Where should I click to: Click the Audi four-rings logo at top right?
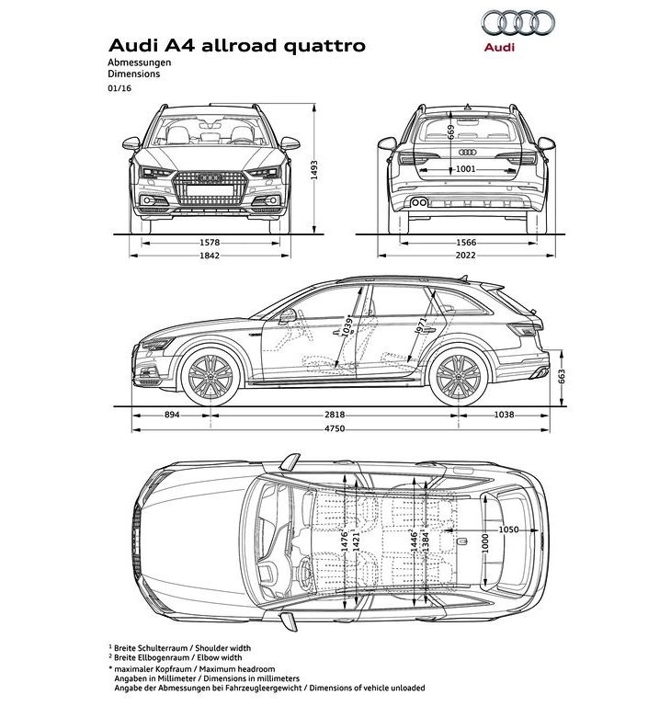pyautogui.click(x=517, y=22)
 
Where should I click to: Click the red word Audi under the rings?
pyautogui.click(x=499, y=47)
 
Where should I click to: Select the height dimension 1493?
pyautogui.click(x=314, y=170)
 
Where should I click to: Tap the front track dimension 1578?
pyautogui.click(x=210, y=243)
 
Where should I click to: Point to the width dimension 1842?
pyautogui.click(x=210, y=256)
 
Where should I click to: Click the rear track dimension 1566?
pyautogui.click(x=466, y=243)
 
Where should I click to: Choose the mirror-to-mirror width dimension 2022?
pyautogui.click(x=466, y=256)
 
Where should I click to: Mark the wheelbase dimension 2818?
pyautogui.click(x=335, y=415)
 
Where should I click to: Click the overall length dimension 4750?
pyautogui.click(x=335, y=428)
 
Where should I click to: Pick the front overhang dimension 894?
pyautogui.click(x=172, y=415)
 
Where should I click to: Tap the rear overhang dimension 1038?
pyautogui.click(x=504, y=415)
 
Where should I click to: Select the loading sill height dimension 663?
pyautogui.click(x=561, y=377)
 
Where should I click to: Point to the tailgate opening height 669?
pyautogui.click(x=451, y=132)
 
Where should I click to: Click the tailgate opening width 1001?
pyautogui.click(x=466, y=169)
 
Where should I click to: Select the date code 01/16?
pyautogui.click(x=119, y=88)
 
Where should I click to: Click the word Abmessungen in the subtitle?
pyautogui.click(x=139, y=63)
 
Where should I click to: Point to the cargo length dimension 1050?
pyautogui.click(x=508, y=529)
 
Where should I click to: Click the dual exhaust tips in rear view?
pyautogui.click(x=419, y=202)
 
